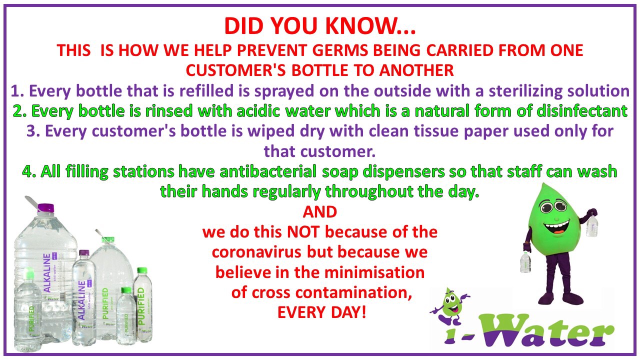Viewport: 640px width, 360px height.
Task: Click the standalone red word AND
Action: click(x=320, y=212)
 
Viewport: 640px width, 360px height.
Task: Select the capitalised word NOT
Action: click(x=303, y=232)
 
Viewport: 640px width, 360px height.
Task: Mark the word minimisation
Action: click(x=373, y=272)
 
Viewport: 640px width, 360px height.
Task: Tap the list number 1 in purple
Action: click(x=15, y=91)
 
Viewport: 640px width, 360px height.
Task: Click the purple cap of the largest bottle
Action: click(x=45, y=207)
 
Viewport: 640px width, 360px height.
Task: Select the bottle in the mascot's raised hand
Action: click(x=592, y=225)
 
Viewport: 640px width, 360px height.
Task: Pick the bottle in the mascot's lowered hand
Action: click(x=525, y=262)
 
